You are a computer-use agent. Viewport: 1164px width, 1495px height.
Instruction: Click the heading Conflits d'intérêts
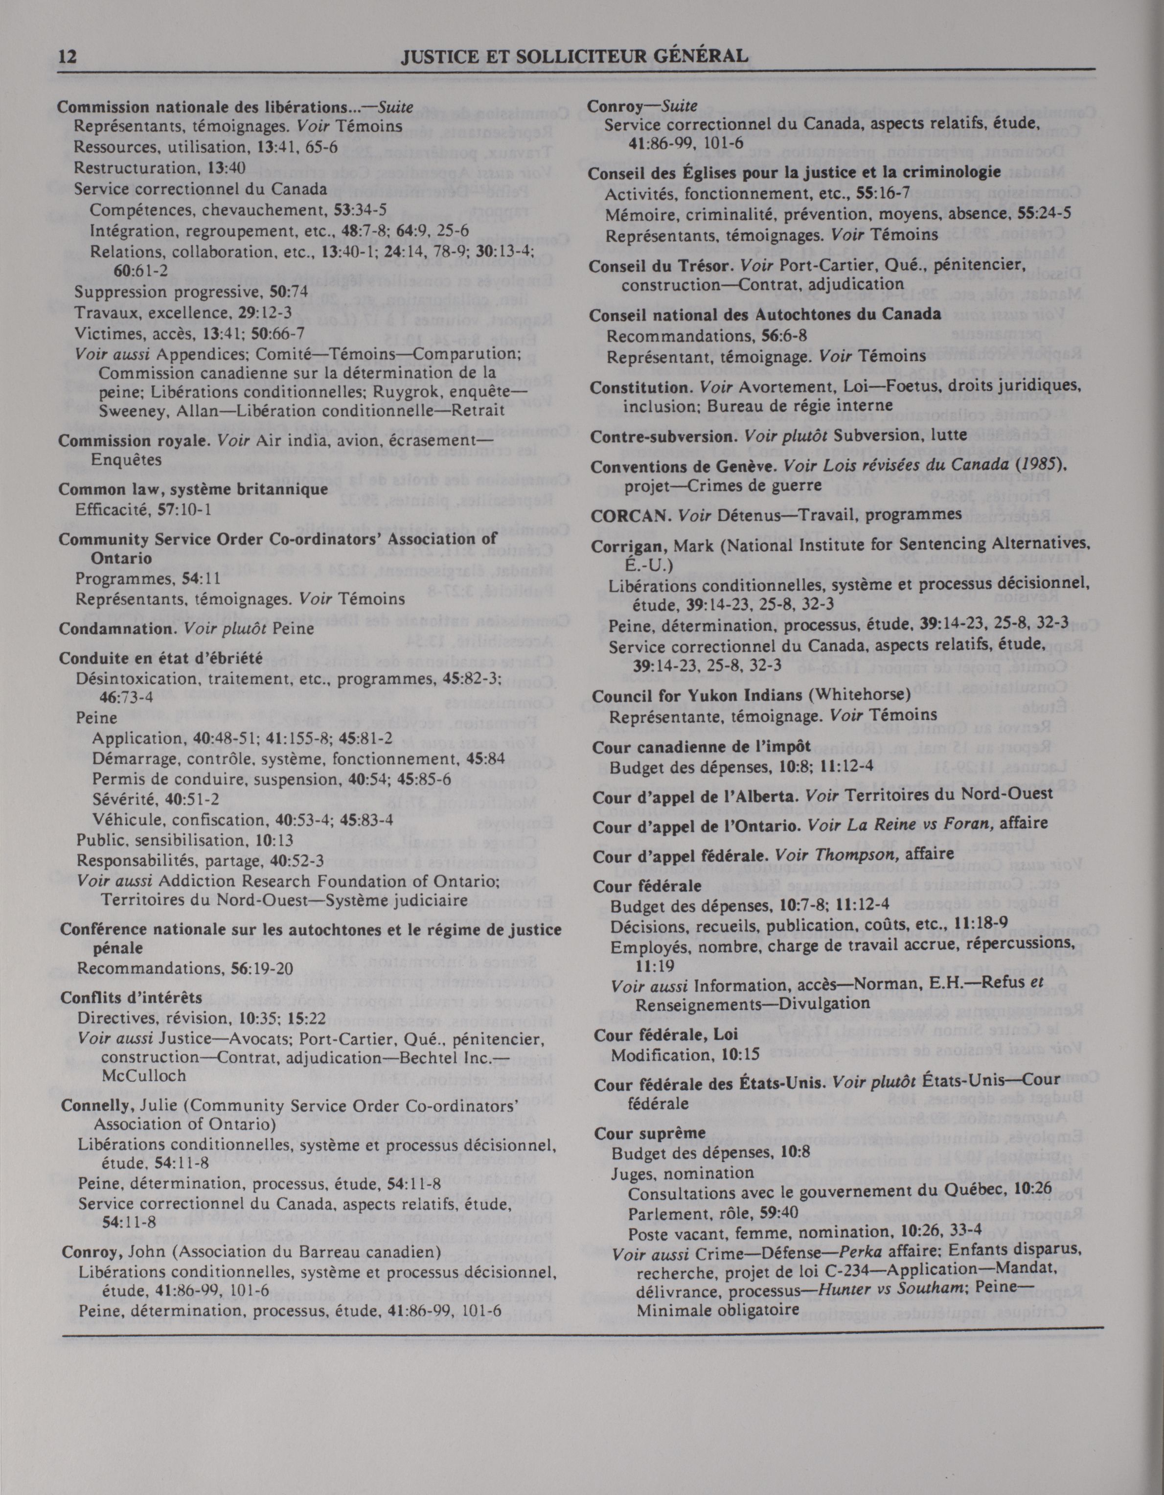pyautogui.click(x=132, y=997)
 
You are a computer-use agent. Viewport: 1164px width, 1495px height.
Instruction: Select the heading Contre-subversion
pyautogui.click(x=664, y=435)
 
